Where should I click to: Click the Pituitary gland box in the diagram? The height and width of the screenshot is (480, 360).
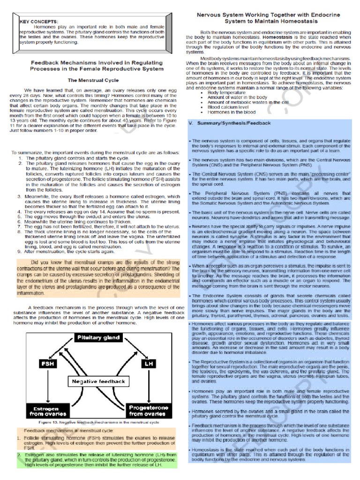99,337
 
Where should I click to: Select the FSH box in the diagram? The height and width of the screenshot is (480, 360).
47,363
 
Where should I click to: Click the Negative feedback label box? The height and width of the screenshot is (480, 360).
98,381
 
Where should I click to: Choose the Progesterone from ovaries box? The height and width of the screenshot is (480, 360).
149,411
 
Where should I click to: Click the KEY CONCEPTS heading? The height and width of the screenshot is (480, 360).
39,21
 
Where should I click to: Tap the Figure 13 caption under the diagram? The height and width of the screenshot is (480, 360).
98,422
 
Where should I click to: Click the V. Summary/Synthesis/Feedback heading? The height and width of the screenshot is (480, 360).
229,123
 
